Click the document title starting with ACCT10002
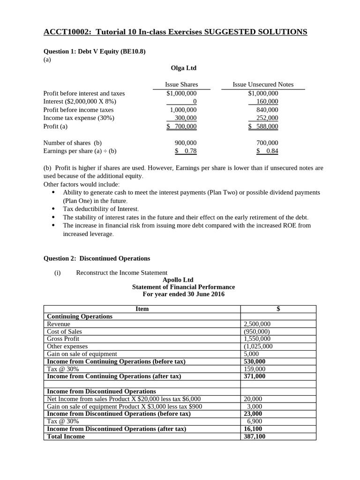175,32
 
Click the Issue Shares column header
181,84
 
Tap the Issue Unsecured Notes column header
263,84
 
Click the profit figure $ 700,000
182,127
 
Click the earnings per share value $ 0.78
186,151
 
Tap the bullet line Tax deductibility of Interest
101,209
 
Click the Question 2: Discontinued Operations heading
97,258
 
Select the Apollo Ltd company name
178,280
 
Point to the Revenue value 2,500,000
257,324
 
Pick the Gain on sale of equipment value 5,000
251,354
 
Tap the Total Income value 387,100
255,436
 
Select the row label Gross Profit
63,339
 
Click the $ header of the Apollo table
278,309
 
